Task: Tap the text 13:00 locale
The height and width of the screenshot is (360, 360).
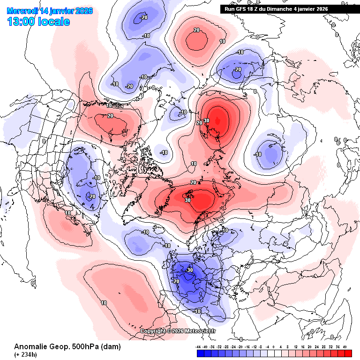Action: click(x=38, y=22)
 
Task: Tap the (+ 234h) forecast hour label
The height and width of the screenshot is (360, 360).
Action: click(x=27, y=355)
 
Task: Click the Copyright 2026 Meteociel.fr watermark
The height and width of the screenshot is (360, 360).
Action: click(x=179, y=331)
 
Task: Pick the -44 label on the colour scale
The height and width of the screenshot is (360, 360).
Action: click(x=199, y=347)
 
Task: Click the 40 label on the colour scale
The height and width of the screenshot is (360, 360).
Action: click(x=345, y=347)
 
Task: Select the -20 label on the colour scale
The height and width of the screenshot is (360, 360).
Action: click(x=240, y=347)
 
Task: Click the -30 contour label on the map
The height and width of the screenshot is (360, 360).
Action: click(x=189, y=270)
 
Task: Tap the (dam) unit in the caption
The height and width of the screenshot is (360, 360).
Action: click(x=112, y=347)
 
